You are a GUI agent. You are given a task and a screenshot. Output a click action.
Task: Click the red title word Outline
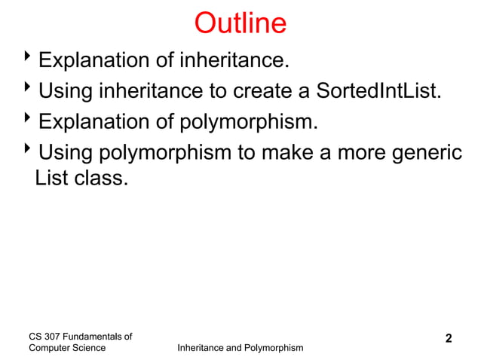click(x=240, y=23)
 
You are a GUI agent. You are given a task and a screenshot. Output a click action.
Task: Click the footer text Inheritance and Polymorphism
click(x=239, y=348)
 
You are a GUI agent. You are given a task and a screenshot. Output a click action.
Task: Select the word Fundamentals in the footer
click(x=98, y=336)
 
